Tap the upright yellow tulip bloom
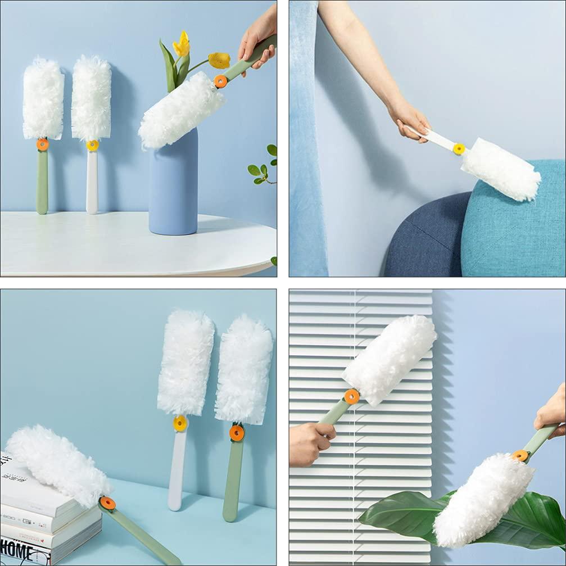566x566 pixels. click(182, 45)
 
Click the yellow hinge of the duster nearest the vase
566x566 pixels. click(221, 81)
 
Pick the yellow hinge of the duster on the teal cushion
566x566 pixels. click(459, 149)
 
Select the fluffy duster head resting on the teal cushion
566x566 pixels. click(500, 168)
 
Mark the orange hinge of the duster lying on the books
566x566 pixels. click(107, 503)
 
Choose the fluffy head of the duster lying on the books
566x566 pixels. click(56, 464)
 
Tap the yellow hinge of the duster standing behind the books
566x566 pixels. click(180, 423)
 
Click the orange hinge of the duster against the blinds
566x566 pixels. click(352, 397)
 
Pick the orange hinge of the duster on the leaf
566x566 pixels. click(520, 455)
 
